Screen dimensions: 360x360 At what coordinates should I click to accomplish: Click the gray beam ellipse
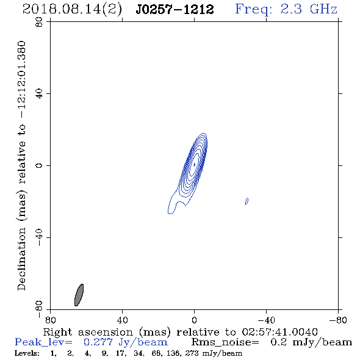[79, 295]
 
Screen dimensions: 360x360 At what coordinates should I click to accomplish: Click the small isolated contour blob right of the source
[247, 201]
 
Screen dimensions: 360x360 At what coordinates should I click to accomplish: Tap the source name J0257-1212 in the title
[175, 9]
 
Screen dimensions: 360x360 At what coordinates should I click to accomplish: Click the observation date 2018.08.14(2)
[72, 10]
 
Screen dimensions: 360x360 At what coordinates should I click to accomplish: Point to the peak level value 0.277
[98, 342]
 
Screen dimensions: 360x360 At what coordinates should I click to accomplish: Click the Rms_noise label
[225, 342]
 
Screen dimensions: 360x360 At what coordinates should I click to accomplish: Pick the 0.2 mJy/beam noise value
[311, 342]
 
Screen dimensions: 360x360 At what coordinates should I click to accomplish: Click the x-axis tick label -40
[266, 320]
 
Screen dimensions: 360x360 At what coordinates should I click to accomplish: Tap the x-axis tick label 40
[122, 320]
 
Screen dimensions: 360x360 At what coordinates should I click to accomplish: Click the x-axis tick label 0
[194, 320]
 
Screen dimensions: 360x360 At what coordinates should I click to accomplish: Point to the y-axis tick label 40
[39, 94]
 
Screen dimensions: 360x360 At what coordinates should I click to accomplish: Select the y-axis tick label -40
[39, 237]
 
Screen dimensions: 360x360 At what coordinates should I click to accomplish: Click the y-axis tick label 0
[39, 165]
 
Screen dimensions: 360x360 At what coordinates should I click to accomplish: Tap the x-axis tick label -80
[338, 320]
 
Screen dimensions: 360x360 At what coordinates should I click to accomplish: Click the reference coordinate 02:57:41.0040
[280, 332]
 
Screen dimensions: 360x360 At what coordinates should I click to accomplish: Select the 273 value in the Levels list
[190, 353]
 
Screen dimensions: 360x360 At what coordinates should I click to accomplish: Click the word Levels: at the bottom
[27, 353]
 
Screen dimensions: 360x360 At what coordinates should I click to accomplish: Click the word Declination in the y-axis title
[21, 259]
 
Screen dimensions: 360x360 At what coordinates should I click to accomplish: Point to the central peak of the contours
[194, 164]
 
